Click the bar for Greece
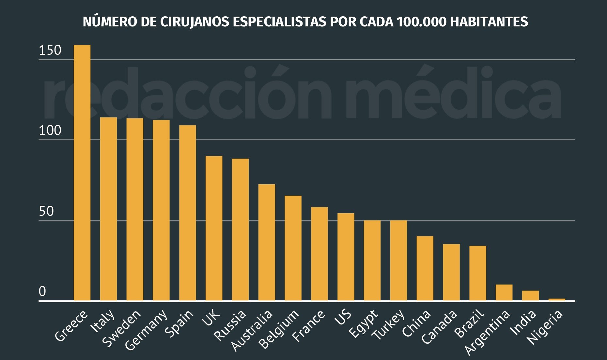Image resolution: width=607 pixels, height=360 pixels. coord(82,173)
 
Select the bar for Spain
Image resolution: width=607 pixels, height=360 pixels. coord(188,213)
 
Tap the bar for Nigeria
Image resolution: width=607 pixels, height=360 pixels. coord(557,299)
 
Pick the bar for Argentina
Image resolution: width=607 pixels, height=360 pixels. coord(504,292)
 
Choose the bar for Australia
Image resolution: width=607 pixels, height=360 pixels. coord(267,242)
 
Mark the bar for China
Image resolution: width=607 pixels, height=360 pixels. coord(425,268)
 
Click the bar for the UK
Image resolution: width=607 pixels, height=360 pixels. coord(214,228)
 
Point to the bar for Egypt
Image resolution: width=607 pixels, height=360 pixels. coord(372,260)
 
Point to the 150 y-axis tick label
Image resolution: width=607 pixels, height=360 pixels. coord(50,51)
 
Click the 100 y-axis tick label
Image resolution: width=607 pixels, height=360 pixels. coord(50,131)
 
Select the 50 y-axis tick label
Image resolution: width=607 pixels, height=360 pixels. coord(46,212)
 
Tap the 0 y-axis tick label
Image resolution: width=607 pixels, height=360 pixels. coord(42,292)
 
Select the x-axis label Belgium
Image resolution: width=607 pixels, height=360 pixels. coord(278,329)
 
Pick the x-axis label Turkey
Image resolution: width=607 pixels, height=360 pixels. coord(389,325)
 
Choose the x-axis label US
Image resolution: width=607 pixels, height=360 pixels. coord(343,317)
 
